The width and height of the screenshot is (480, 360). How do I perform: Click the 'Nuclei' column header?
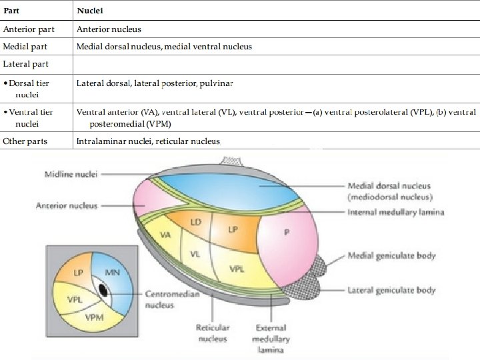coord(89,11)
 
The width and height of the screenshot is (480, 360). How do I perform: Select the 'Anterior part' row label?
coord(29,29)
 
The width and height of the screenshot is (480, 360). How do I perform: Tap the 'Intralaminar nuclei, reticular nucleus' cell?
coord(148,141)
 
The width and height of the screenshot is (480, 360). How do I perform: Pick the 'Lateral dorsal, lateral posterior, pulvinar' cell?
coord(155,83)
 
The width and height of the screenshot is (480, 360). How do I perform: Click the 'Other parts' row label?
coord(26,141)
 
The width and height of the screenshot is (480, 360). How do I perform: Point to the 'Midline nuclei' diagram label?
coord(71,175)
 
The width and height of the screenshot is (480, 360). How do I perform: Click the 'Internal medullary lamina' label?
coord(395,212)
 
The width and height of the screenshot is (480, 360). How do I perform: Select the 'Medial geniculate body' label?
coord(391,256)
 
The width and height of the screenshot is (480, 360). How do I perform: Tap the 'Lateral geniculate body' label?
coord(391,290)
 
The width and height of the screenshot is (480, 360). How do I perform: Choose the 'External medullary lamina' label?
coord(271,339)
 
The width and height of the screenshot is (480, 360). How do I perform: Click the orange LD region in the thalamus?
coord(195,223)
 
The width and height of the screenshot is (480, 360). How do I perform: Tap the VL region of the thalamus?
coord(195,254)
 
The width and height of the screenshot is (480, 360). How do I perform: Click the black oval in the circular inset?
coord(103,290)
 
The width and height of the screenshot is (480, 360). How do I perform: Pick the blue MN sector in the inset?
coord(111,273)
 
